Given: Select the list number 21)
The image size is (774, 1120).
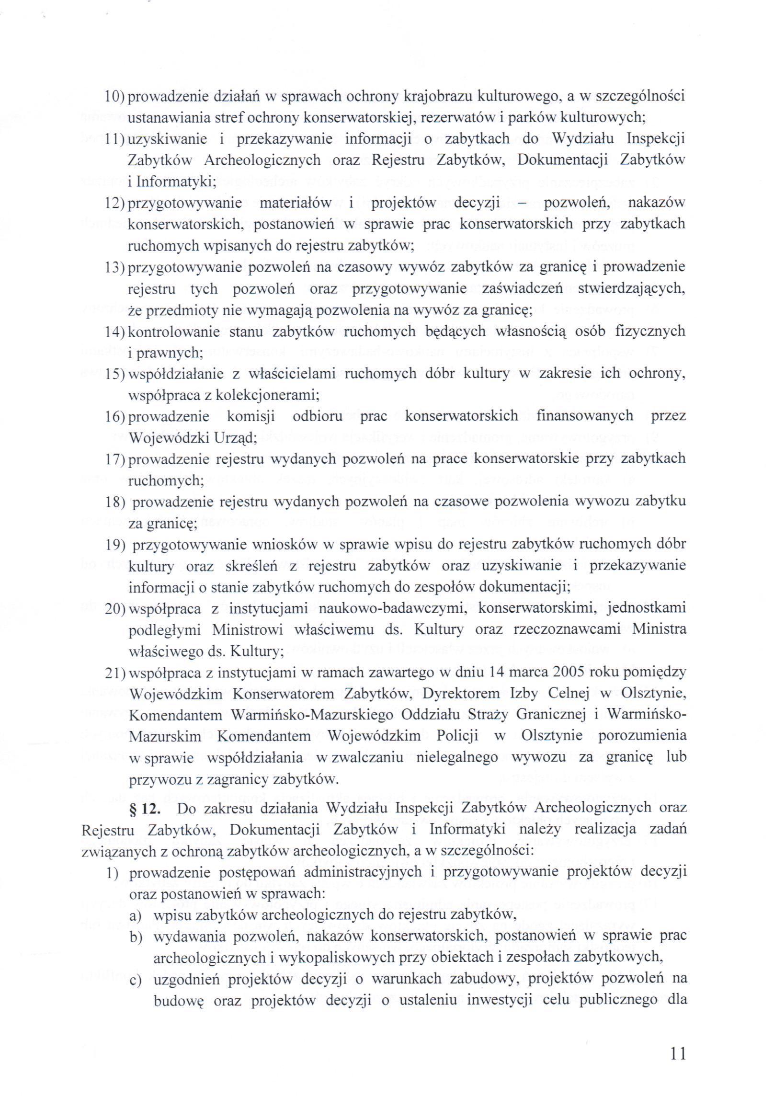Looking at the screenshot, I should pyautogui.click(x=115, y=673).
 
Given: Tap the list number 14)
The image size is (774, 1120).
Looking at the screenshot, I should pyautogui.click(x=115, y=332).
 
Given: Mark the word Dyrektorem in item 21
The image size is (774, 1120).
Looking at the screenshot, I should pyautogui.click(x=461, y=694).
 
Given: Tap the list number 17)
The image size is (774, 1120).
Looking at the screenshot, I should pyautogui.click(x=115, y=459).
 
